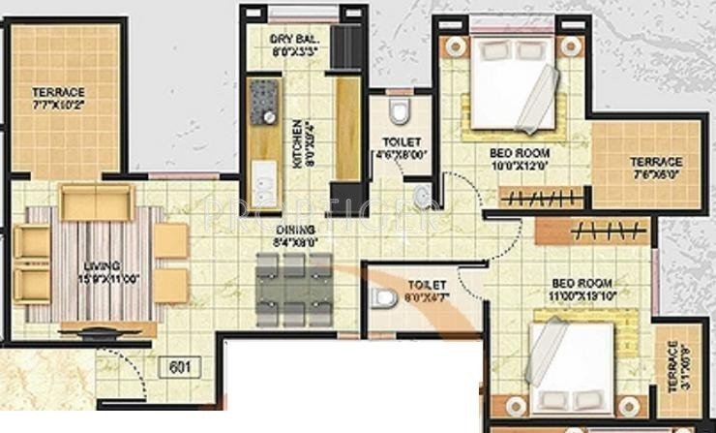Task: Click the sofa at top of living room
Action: pos(95,202)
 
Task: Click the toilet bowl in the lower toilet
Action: pos(384,297)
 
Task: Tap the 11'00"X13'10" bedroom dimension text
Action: pos(582,294)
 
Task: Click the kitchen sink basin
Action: pos(263,178)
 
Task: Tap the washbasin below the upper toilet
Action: pos(421,199)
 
